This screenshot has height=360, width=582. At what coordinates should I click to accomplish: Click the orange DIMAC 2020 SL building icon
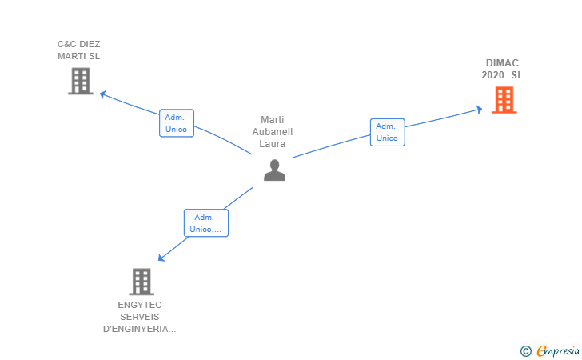(x=504, y=100)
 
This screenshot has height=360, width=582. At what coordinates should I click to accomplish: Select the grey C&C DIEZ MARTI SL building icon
(x=80, y=81)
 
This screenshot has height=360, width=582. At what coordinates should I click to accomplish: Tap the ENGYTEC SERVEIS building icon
(x=141, y=282)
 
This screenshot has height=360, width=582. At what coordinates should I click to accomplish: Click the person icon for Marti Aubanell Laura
(x=274, y=170)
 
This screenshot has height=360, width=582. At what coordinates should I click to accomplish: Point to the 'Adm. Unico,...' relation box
(x=206, y=222)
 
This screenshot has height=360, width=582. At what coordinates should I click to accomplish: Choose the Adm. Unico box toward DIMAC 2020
(x=387, y=132)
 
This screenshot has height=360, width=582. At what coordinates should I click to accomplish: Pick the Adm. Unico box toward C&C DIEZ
(x=176, y=123)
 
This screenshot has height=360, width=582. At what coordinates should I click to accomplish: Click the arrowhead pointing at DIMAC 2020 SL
(x=479, y=109)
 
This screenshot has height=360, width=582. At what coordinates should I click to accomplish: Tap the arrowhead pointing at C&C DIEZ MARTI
(x=102, y=94)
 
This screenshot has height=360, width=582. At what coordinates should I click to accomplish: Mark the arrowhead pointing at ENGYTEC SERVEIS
(x=161, y=258)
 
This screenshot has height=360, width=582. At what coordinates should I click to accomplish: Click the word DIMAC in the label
(x=502, y=63)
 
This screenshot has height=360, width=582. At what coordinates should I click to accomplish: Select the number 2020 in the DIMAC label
(x=493, y=75)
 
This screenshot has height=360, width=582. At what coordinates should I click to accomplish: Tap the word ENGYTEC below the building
(x=140, y=305)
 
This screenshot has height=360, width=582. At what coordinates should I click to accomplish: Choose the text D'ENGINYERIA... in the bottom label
(x=140, y=329)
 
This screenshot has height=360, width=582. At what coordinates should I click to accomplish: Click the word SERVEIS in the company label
(x=140, y=317)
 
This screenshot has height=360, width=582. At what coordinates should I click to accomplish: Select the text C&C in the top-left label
(x=67, y=44)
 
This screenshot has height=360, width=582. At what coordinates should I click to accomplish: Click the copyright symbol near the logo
(x=525, y=350)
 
